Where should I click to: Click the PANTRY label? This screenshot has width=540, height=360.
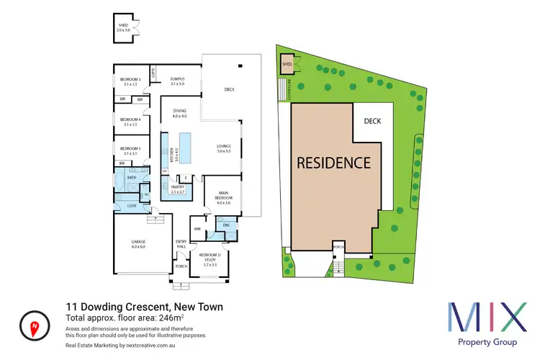click(x=178, y=189)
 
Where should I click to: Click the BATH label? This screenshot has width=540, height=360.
click(x=132, y=177)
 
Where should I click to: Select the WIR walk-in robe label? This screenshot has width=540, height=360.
click(x=197, y=229)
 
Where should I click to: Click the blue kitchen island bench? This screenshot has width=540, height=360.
click(x=188, y=148)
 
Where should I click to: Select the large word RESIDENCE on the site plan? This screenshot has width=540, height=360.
click(x=334, y=163)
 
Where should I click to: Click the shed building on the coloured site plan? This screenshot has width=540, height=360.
click(x=288, y=64)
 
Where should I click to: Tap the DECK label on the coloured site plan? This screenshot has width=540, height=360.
click(x=372, y=122)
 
